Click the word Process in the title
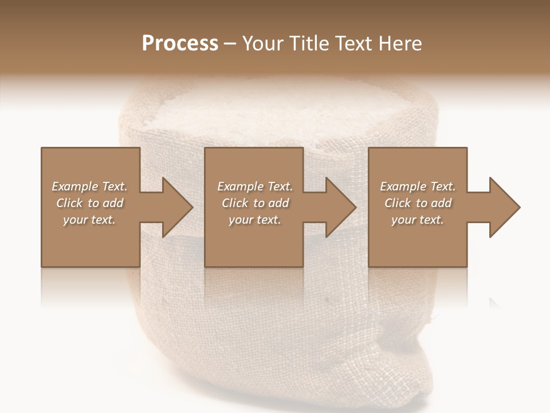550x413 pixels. [x=180, y=44]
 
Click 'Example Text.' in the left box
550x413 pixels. [x=89, y=186]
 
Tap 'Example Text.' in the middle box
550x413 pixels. [x=255, y=186]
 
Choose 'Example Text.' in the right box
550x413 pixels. [x=418, y=186]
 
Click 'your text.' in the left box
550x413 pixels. [x=89, y=220]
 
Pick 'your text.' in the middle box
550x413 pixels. [x=255, y=220]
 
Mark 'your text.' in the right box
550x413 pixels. [x=418, y=220]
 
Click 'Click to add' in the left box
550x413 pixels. [x=89, y=203]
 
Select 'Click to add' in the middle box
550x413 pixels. [x=255, y=203]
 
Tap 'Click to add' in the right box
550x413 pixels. [x=418, y=203]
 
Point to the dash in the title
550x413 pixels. [x=230, y=44]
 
